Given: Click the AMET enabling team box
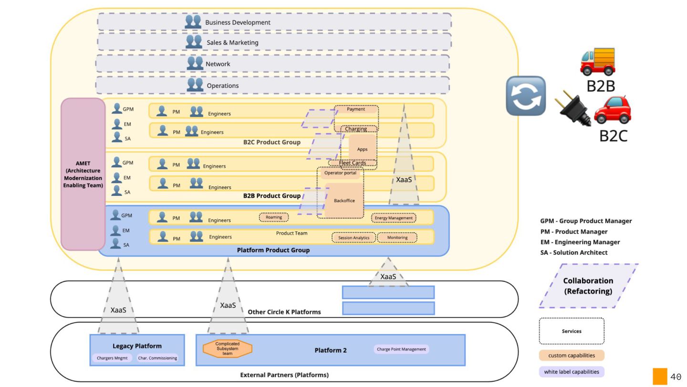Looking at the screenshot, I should click(83, 174).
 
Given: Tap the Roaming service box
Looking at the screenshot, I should click(274, 217).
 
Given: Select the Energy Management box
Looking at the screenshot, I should click(394, 218).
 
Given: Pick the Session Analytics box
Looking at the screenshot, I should click(354, 237).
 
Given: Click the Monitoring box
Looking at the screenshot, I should click(397, 237).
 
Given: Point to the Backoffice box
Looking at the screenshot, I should click(344, 200).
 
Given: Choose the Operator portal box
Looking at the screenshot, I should click(340, 173).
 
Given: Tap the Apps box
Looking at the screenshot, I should click(362, 149).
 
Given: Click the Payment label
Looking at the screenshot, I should click(356, 109).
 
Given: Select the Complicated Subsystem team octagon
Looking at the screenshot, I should click(228, 348).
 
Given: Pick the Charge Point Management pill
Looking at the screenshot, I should click(401, 349).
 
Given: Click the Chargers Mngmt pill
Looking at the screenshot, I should click(112, 358).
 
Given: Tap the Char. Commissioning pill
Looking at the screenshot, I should click(157, 358).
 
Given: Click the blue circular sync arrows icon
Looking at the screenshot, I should click(526, 96).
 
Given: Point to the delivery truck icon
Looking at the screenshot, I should click(598, 61).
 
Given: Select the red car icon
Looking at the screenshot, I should click(613, 110).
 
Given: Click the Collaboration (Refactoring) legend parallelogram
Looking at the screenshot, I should click(588, 286).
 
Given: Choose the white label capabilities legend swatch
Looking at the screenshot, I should click(572, 372).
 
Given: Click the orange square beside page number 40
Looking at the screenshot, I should click(660, 376).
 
